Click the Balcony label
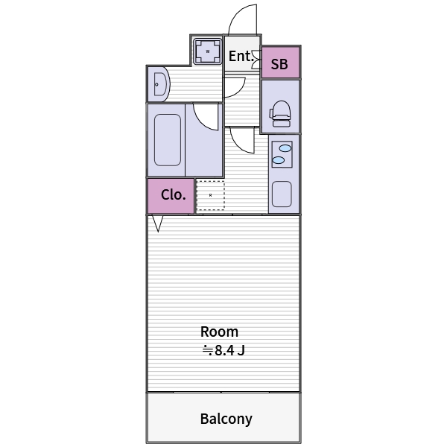click(226, 419)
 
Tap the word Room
click(219, 332)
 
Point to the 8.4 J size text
click(223, 350)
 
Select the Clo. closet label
click(174, 194)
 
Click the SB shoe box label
click(279, 64)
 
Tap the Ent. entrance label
click(241, 56)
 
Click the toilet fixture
click(280, 114)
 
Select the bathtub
click(168, 140)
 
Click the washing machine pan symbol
click(208, 51)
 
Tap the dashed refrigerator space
click(210, 195)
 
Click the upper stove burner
click(285, 148)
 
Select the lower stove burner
click(279, 160)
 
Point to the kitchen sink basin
click(282, 194)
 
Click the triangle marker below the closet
click(158, 223)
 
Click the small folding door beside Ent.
click(256, 60)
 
